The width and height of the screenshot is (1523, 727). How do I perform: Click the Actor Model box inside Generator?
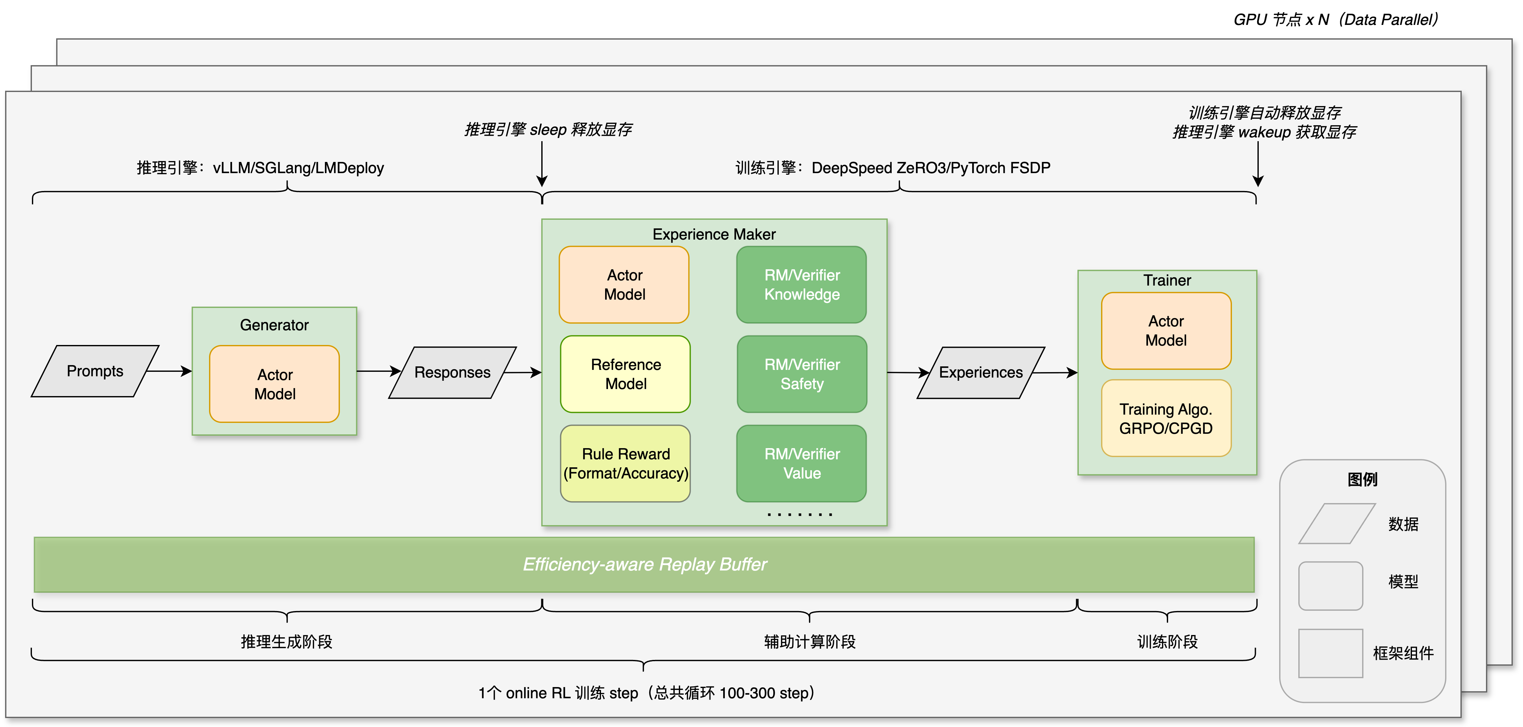(274, 384)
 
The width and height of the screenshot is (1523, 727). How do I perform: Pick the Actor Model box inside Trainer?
(1166, 331)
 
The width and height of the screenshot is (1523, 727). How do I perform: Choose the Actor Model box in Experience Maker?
(624, 285)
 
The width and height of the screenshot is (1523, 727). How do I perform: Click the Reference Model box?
(626, 374)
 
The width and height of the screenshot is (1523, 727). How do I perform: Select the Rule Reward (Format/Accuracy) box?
(626, 463)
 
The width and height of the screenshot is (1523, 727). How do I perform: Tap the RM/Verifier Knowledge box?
(802, 285)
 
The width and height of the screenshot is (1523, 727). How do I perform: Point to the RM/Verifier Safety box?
(802, 374)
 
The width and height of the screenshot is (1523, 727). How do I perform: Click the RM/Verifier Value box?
(802, 463)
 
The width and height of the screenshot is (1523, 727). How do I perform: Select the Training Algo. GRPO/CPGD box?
(1166, 418)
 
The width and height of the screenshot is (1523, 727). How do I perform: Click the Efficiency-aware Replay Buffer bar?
(644, 564)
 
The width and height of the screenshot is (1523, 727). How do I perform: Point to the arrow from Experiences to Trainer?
(1055, 373)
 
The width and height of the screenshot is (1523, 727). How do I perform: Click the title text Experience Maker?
(714, 234)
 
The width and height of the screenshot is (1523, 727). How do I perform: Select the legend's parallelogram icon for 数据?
(1337, 524)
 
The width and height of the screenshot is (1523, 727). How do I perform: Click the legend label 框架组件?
(1403, 653)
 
